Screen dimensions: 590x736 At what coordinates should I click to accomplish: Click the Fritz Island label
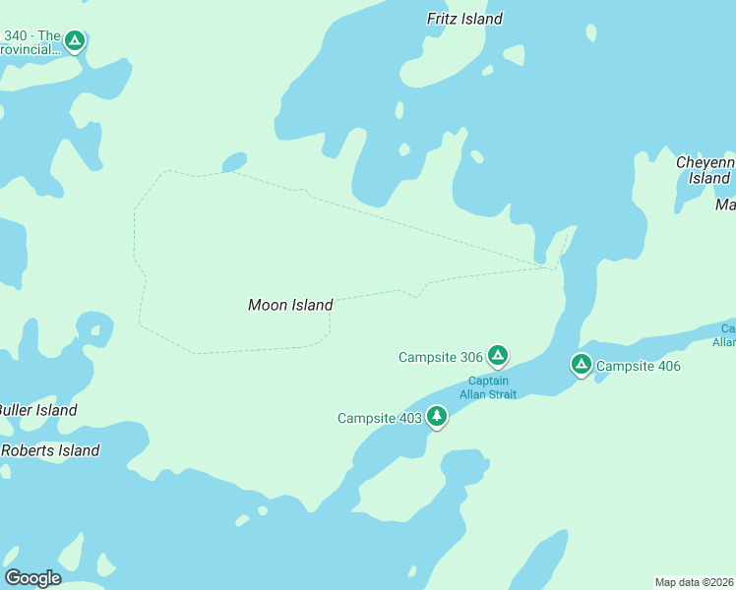464,19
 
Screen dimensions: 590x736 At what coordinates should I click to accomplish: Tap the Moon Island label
290,306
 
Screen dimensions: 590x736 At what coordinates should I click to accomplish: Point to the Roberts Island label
50,450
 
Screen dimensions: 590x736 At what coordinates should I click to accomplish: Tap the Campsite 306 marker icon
498,355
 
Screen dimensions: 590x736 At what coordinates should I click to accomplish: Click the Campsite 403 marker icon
437,417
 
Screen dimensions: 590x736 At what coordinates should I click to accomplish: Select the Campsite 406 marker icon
582,365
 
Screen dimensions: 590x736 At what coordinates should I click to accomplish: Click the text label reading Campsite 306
440,357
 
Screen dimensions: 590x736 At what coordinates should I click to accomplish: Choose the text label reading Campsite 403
379,419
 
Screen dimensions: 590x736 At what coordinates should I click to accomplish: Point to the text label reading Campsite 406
639,367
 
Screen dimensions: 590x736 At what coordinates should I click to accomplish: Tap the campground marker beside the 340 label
75,40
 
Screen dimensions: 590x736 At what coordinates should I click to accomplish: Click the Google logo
32,578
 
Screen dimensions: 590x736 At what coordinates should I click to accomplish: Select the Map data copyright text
694,582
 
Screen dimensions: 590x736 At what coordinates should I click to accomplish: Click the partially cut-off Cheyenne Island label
706,170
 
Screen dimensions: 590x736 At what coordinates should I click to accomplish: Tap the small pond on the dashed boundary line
234,161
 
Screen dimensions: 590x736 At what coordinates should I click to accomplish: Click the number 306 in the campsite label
469,357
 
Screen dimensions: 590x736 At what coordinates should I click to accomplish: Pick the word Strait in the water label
502,394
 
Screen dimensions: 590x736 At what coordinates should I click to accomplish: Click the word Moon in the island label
266,306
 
